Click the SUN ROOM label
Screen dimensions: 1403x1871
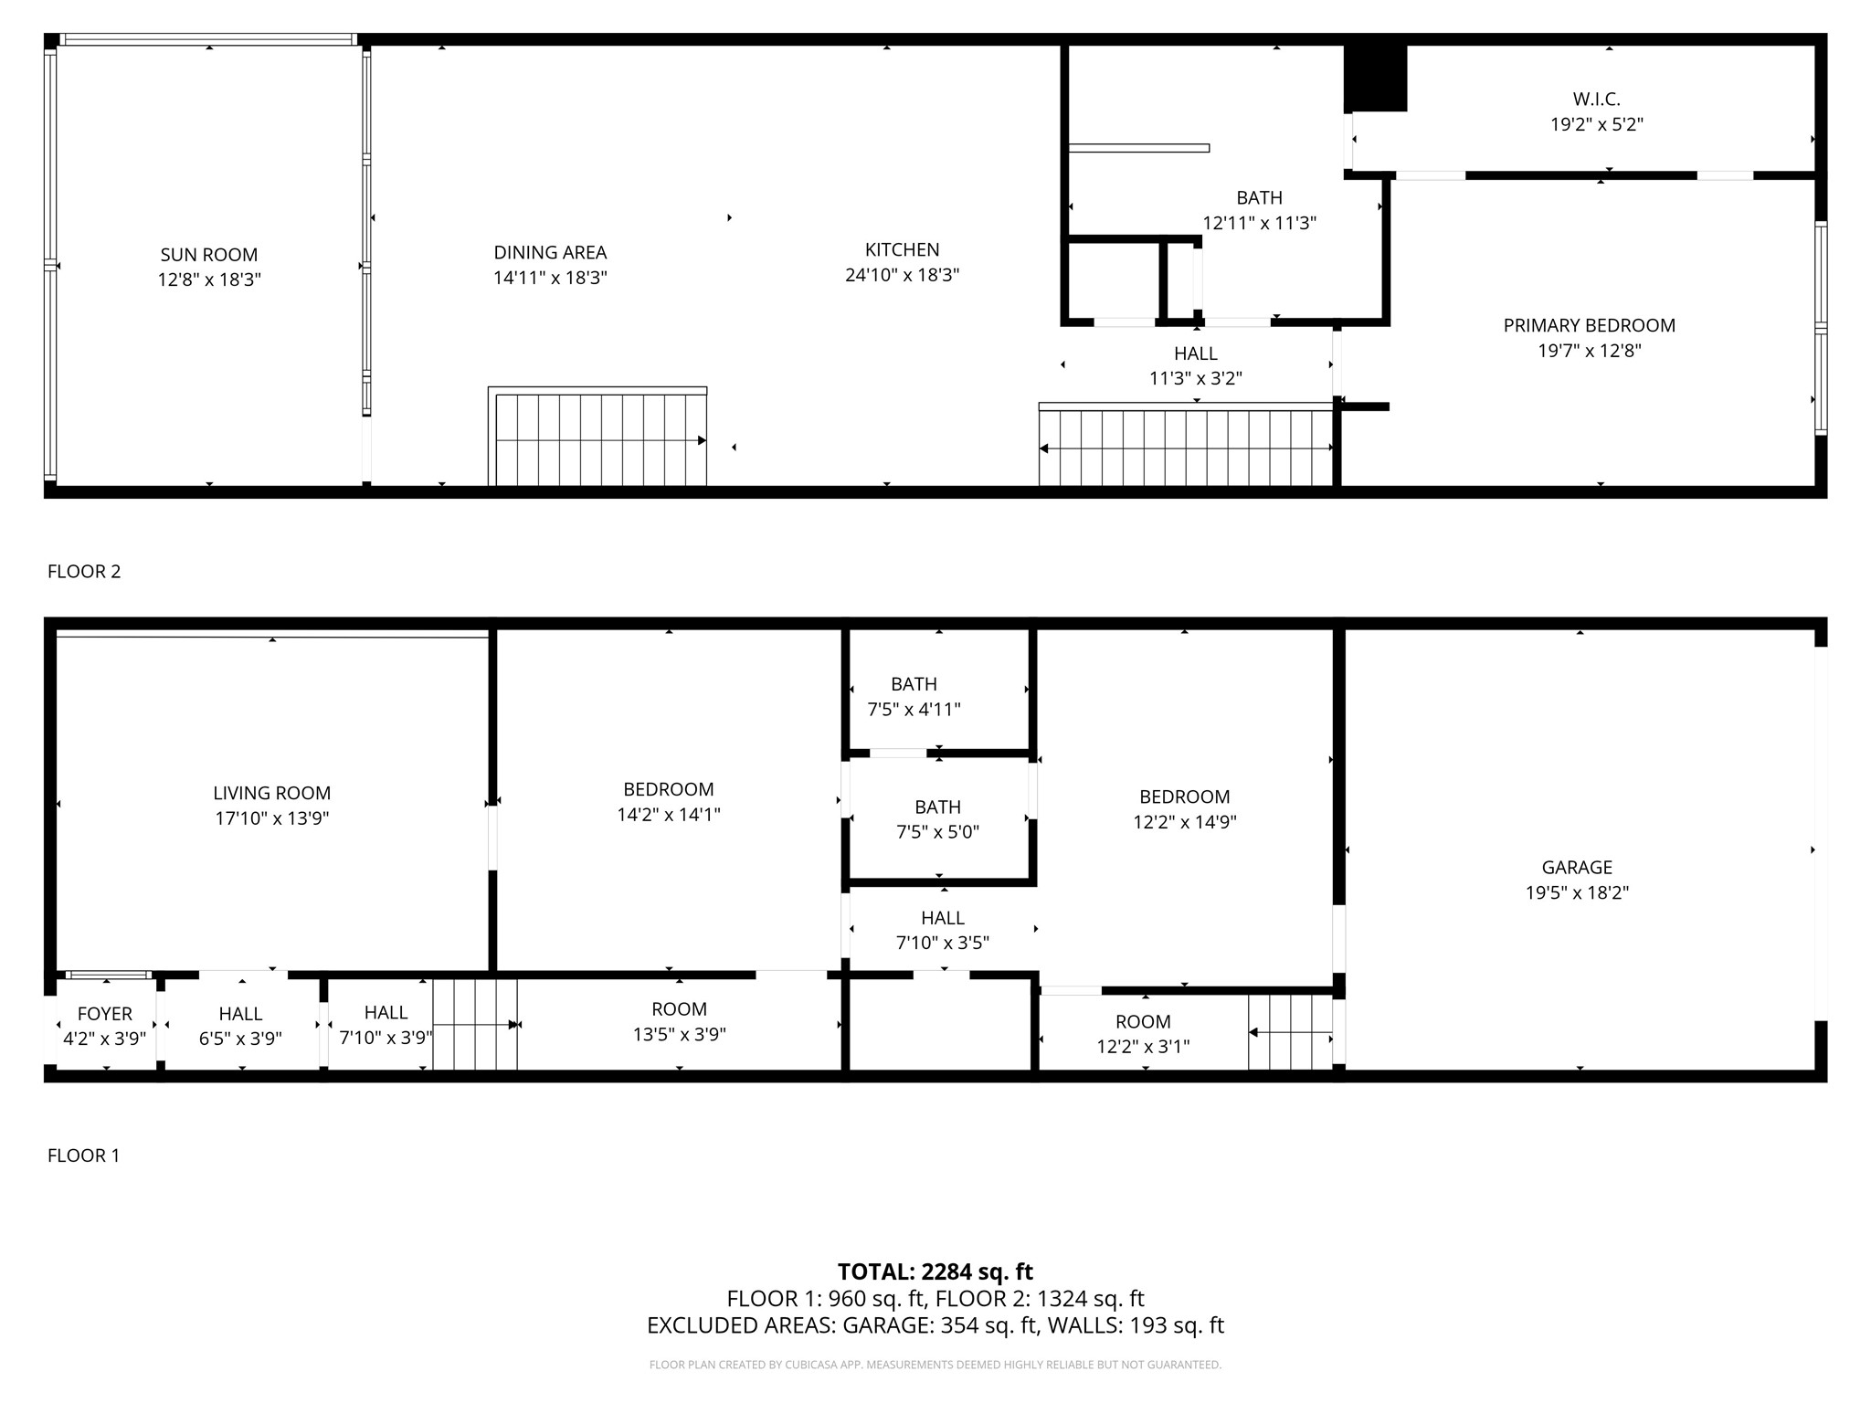(209, 255)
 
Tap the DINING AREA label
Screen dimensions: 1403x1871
(550, 253)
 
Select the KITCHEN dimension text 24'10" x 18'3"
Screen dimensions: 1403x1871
(902, 275)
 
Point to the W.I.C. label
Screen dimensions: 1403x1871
(1596, 99)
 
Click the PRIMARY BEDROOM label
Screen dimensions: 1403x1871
(1589, 325)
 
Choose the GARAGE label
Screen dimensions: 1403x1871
(1577, 868)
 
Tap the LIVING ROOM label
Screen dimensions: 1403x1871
(271, 794)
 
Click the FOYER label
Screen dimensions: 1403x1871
(105, 1014)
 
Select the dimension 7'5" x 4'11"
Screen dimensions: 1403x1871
(914, 710)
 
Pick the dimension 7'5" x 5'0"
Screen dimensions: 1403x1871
(938, 832)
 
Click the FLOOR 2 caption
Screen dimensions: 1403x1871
(84, 572)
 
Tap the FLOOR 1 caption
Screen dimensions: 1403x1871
(84, 1155)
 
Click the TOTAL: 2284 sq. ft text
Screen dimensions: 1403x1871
(935, 1271)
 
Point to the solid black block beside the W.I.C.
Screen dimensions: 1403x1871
(1375, 79)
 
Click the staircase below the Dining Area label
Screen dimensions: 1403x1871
(599, 438)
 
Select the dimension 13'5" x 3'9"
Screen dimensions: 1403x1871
(679, 1035)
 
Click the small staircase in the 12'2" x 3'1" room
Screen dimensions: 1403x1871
(1290, 1032)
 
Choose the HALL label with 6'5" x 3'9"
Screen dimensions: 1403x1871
(240, 1014)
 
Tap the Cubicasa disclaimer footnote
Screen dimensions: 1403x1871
(935, 1365)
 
